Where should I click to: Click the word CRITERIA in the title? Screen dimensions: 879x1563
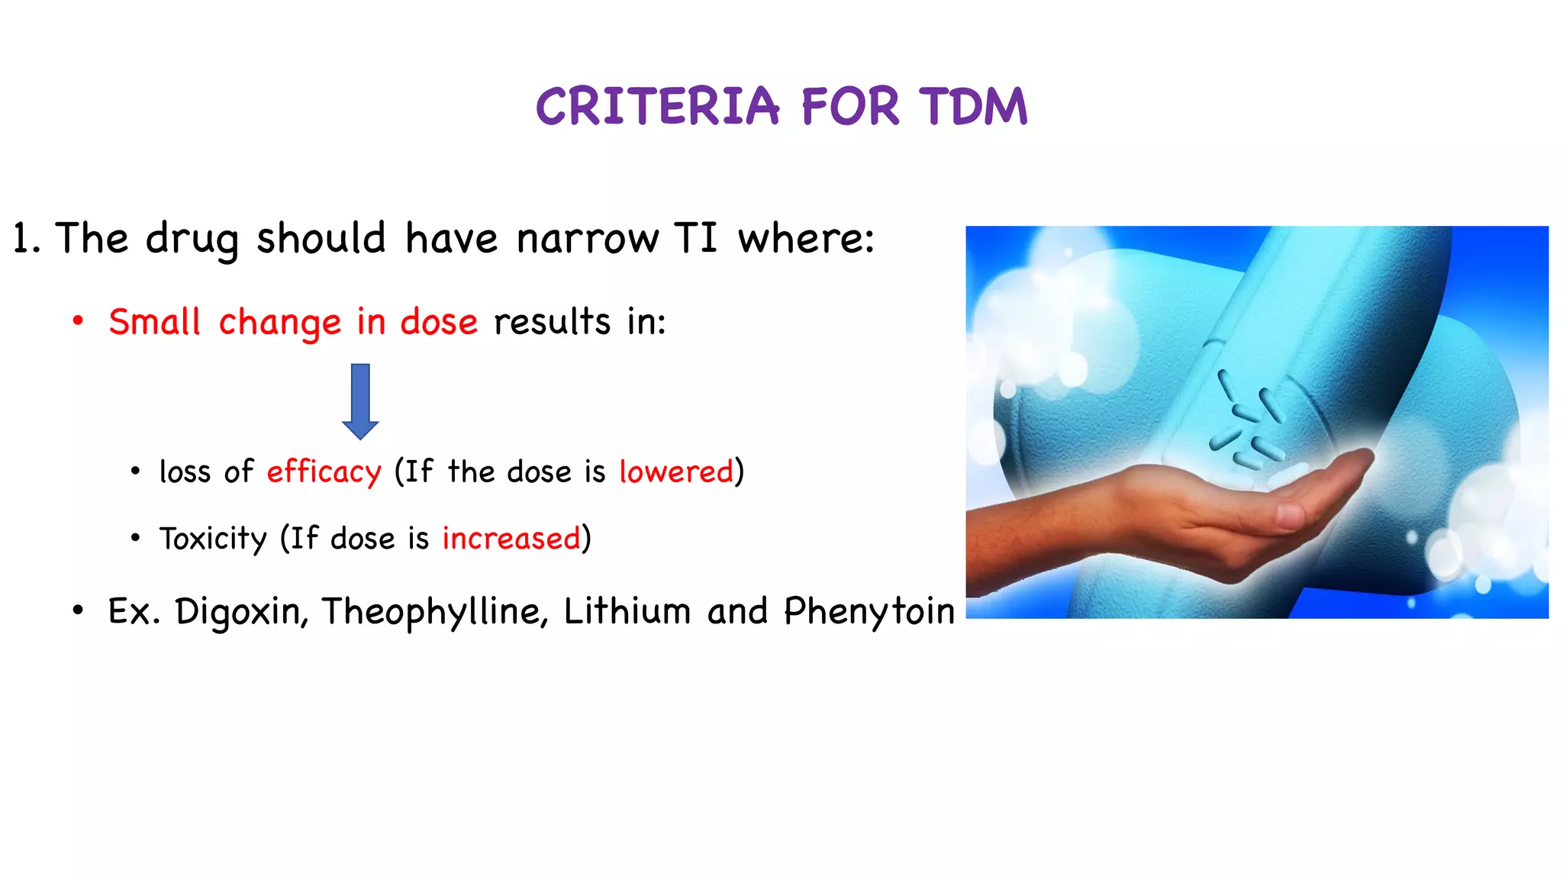click(x=657, y=106)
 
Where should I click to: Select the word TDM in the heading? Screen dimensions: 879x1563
click(x=973, y=106)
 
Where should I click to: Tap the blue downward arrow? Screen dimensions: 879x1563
click(x=360, y=401)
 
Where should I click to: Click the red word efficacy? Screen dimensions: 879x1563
click(x=324, y=472)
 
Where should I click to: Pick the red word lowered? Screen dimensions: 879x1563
click(x=676, y=472)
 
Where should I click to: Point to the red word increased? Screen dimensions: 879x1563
click(x=511, y=539)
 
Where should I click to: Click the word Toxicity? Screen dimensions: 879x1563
click(x=213, y=539)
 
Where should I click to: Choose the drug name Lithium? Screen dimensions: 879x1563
click(x=627, y=612)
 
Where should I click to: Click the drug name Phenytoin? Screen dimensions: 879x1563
click(x=869, y=612)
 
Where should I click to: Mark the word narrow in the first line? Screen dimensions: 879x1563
click(x=587, y=238)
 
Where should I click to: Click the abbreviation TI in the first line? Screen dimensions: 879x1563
click(x=695, y=238)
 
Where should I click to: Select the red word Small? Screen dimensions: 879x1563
click(x=154, y=322)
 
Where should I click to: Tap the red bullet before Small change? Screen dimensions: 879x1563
click(x=78, y=322)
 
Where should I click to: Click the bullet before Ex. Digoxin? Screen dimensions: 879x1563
click(x=78, y=610)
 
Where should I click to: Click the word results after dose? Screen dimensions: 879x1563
click(x=552, y=322)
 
